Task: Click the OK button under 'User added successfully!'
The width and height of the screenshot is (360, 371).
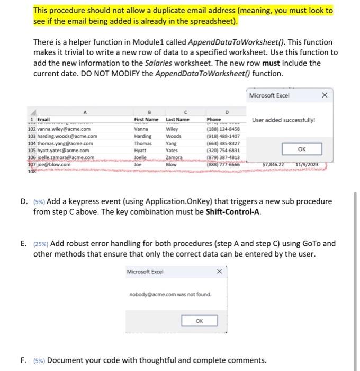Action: pos(302,149)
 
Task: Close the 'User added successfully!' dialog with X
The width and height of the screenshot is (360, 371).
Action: pos(325,95)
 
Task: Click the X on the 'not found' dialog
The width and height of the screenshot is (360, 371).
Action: pos(219,272)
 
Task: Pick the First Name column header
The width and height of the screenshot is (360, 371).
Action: pos(146,120)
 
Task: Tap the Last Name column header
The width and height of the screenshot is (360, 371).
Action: pos(177,120)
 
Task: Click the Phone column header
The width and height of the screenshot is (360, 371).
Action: pos(214,120)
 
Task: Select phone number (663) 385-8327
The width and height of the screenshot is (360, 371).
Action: pos(224,143)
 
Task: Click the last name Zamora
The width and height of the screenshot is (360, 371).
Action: pos(175,157)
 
